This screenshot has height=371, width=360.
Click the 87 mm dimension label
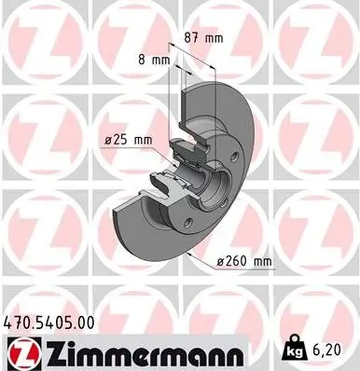pyautogui.click(x=203, y=39)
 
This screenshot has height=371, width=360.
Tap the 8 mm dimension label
pyautogui.click(x=154, y=60)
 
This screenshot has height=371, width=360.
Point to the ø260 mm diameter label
pyautogui.click(x=244, y=263)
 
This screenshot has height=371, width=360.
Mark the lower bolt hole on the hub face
pyautogui.click(x=187, y=222)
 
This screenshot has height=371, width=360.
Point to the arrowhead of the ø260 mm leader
pyautogui.click(x=188, y=252)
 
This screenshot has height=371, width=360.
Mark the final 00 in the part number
pyautogui.click(x=85, y=323)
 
